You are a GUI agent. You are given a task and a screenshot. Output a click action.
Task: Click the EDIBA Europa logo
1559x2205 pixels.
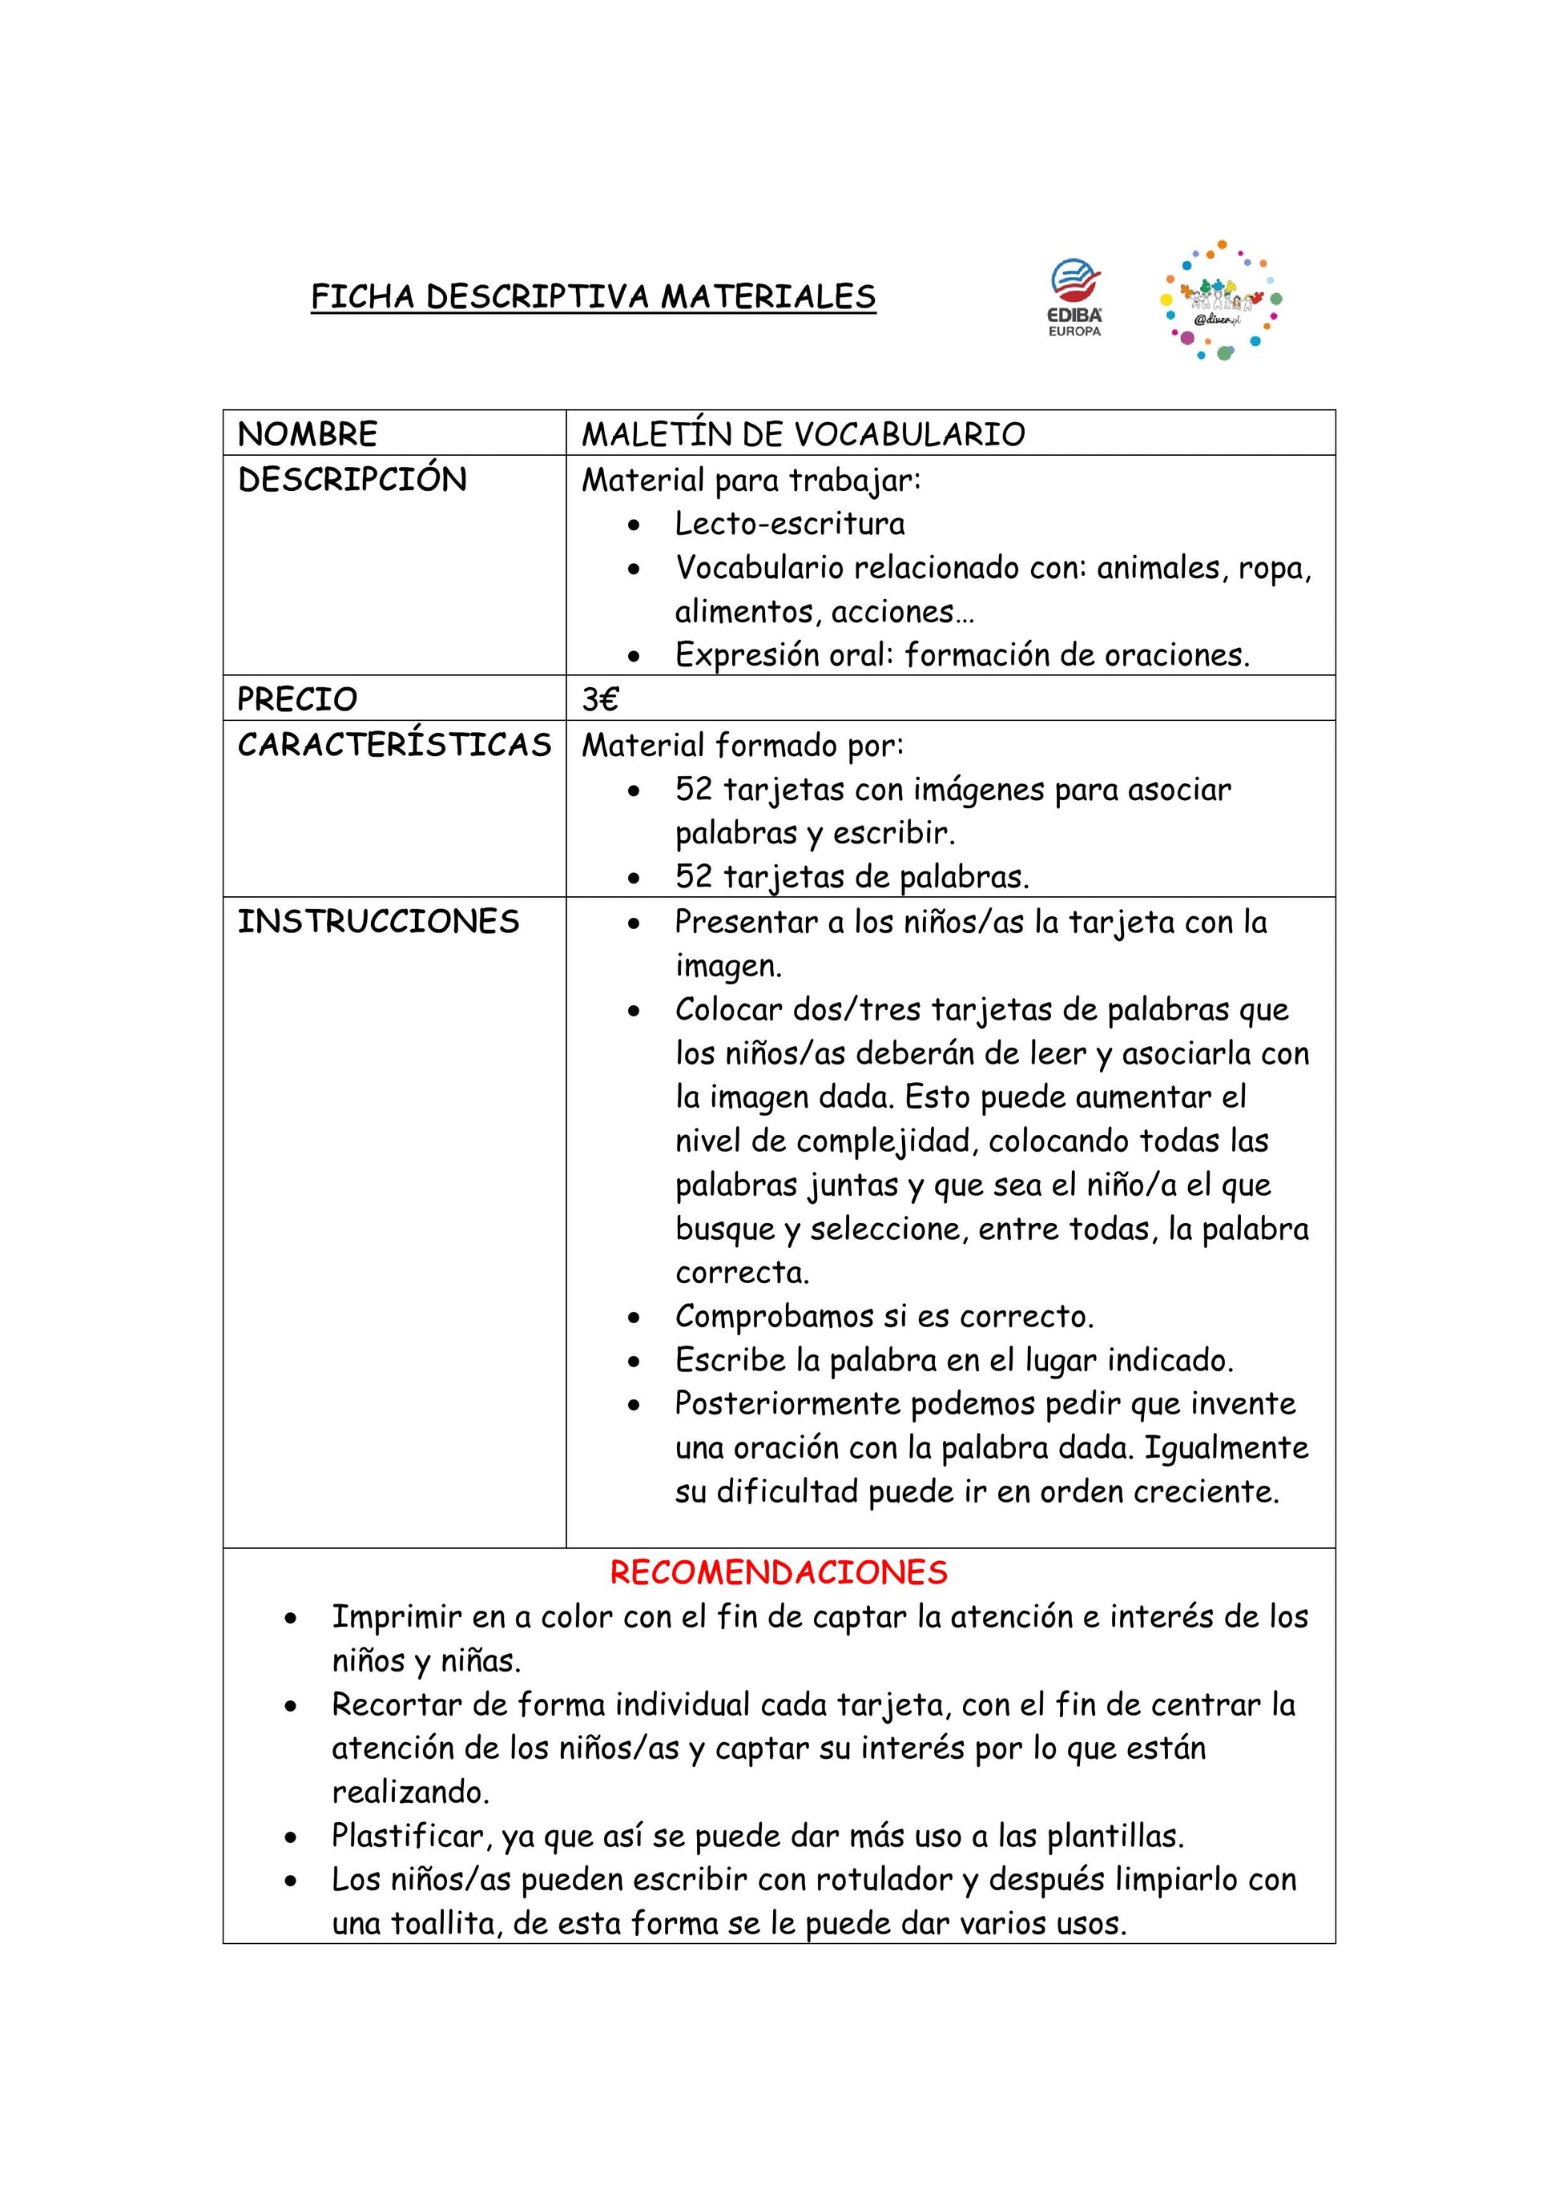tap(1075, 297)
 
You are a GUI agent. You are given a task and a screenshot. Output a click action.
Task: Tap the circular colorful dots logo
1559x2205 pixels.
tap(1222, 300)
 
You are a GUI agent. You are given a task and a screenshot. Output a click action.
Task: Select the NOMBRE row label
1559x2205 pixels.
tap(308, 434)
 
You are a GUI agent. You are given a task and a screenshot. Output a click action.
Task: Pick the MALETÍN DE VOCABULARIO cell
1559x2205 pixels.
tap(803, 434)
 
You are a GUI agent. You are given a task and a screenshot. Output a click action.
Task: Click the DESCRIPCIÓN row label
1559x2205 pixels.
tap(352, 479)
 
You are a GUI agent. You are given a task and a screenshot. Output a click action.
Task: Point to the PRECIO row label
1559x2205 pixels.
tap(296, 699)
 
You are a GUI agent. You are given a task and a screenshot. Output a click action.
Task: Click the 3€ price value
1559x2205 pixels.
tap(600, 699)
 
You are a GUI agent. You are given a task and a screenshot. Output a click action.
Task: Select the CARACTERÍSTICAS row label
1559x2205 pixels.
tap(394, 745)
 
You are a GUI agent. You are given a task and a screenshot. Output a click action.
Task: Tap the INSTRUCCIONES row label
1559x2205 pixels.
tap(378, 922)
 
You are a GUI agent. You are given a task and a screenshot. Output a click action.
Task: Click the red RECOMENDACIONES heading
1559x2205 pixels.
tap(778, 1572)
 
